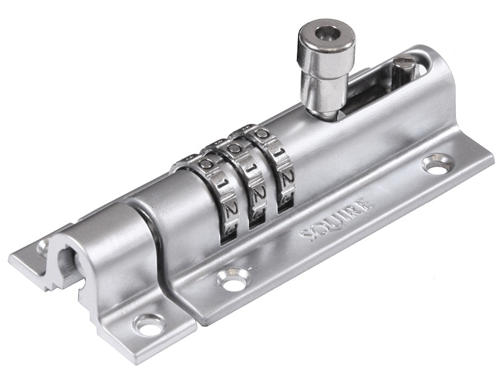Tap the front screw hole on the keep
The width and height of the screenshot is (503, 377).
coord(150,325)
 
